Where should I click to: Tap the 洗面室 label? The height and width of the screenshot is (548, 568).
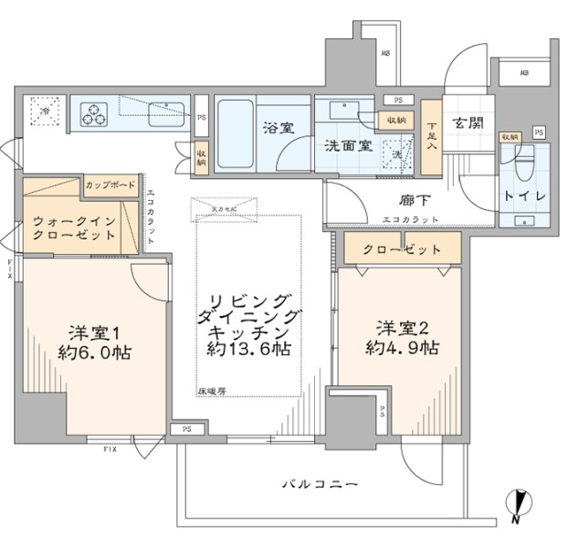click(348, 146)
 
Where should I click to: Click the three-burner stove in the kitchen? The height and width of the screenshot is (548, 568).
click(94, 114)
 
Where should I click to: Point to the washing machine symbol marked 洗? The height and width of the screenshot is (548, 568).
click(397, 154)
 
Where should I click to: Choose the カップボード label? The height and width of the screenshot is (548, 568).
click(110, 185)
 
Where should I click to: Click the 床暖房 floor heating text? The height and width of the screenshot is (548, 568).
click(210, 390)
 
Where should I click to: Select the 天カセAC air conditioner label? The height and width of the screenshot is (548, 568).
click(223, 209)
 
